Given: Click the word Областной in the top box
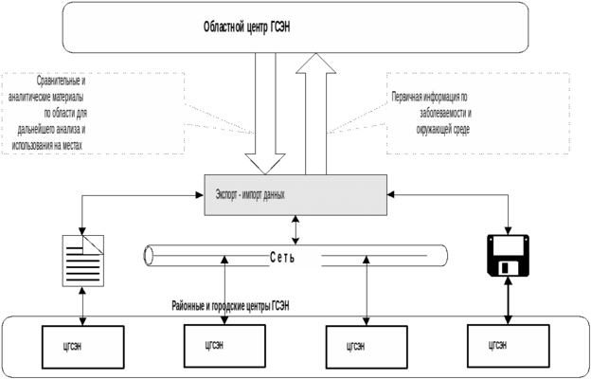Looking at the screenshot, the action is [x=224, y=27].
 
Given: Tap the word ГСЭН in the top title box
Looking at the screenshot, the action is [x=277, y=27].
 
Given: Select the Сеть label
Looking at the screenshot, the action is [x=282, y=258].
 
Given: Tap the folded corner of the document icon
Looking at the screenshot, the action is [x=98, y=242].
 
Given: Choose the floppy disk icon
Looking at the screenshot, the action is [x=510, y=256].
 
